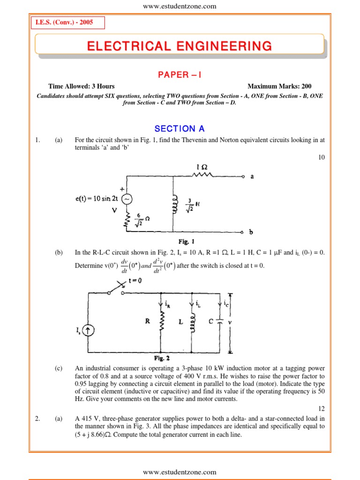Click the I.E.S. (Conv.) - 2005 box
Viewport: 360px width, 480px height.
[67, 23]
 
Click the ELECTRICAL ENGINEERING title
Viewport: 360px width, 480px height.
[180, 46]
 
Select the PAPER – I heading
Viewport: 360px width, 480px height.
[180, 75]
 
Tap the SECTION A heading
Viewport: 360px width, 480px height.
[180, 129]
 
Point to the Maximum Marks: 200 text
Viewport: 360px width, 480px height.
[279, 86]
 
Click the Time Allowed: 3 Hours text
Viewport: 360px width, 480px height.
[82, 86]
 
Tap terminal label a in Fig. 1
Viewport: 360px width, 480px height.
[253, 177]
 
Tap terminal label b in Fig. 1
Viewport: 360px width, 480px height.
[252, 232]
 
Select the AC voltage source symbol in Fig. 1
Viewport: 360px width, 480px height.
[127, 199]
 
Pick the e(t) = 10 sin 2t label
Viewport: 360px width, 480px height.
[96, 199]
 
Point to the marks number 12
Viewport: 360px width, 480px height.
[321, 408]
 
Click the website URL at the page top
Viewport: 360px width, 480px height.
[180, 6]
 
